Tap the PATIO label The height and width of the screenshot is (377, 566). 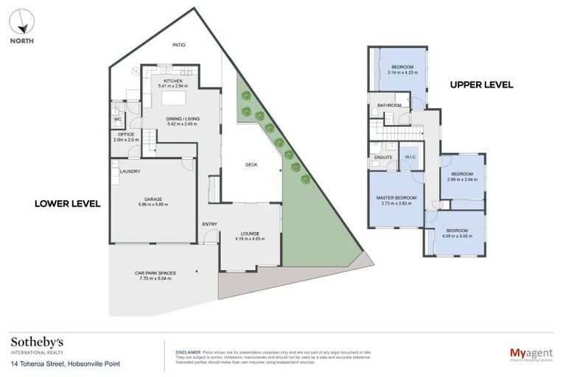pyautogui.click(x=178, y=45)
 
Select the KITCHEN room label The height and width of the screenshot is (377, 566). pyautogui.click(x=173, y=80)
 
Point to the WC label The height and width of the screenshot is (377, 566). pyautogui.click(x=117, y=119)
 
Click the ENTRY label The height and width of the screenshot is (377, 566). pyautogui.click(x=209, y=223)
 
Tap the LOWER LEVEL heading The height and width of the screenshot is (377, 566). pyautogui.click(x=67, y=202)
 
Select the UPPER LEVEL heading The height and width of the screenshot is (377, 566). pyautogui.click(x=481, y=85)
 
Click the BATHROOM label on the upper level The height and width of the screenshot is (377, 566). pyautogui.click(x=389, y=105)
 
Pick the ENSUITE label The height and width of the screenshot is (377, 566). pyautogui.click(x=383, y=157)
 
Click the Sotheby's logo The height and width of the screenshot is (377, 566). pyautogui.click(x=37, y=342)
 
